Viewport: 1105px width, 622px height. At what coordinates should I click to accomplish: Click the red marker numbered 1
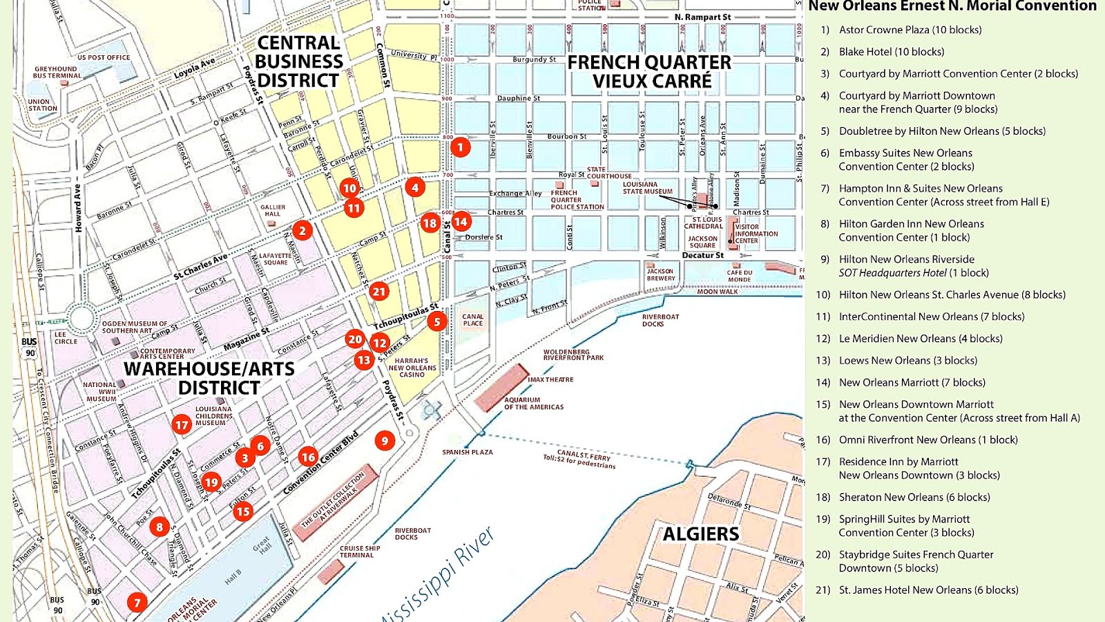[x=461, y=147]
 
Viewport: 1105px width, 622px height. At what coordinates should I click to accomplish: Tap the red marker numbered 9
[x=385, y=440]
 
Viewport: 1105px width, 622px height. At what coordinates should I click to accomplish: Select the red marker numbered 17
[x=182, y=424]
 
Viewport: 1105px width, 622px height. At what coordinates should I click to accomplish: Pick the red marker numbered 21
[x=378, y=292]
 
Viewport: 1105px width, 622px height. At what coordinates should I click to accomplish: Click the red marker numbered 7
[x=137, y=603]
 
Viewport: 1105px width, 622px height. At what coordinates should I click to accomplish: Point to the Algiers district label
[x=701, y=534]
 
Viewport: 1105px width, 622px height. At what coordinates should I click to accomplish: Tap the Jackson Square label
[x=702, y=241]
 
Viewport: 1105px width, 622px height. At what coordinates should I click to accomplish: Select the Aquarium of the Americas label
[x=533, y=403]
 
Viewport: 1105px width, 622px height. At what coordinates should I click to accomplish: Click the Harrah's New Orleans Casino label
[x=412, y=368]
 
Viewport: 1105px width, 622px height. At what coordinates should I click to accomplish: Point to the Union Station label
[x=42, y=104]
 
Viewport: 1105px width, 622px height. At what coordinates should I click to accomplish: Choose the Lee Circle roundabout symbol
[x=81, y=319]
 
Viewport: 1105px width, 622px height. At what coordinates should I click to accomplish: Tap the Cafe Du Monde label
[x=739, y=276]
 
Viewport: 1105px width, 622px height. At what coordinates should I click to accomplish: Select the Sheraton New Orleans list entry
[x=914, y=497]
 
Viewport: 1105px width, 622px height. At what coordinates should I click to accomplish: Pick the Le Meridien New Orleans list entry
[x=920, y=339]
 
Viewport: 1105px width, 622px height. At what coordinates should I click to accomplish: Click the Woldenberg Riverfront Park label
[x=573, y=355]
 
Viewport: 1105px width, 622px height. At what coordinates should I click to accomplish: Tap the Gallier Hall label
[x=273, y=210]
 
